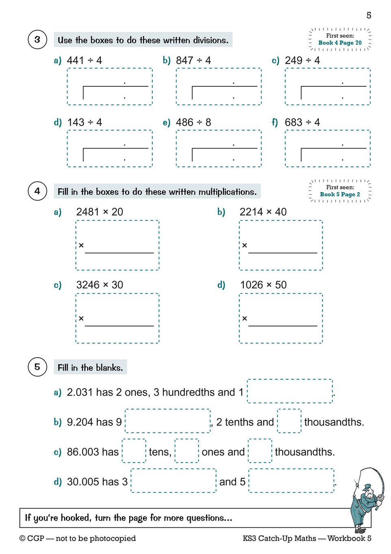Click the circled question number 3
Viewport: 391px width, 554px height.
37,40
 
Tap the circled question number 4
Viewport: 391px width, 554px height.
37,191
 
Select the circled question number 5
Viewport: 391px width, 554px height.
37,367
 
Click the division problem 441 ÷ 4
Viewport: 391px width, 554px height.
84,61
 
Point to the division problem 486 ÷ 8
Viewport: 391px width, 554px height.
193,123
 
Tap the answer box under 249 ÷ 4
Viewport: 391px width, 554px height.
328,87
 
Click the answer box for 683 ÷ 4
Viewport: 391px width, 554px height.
328,149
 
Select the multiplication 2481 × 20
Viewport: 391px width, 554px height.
100,212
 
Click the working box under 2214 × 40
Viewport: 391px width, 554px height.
281,245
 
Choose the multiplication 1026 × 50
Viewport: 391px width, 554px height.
263,285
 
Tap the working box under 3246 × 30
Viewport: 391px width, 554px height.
117,318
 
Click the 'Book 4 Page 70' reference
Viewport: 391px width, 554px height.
340,43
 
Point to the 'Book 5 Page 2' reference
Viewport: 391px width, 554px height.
340,194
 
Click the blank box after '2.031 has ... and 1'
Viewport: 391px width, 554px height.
290,391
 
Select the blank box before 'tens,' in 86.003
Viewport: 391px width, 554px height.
134,451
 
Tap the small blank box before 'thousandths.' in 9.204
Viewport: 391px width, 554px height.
289,421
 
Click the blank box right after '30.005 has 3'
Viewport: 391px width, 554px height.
173,481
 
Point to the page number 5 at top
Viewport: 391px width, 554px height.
369,15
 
